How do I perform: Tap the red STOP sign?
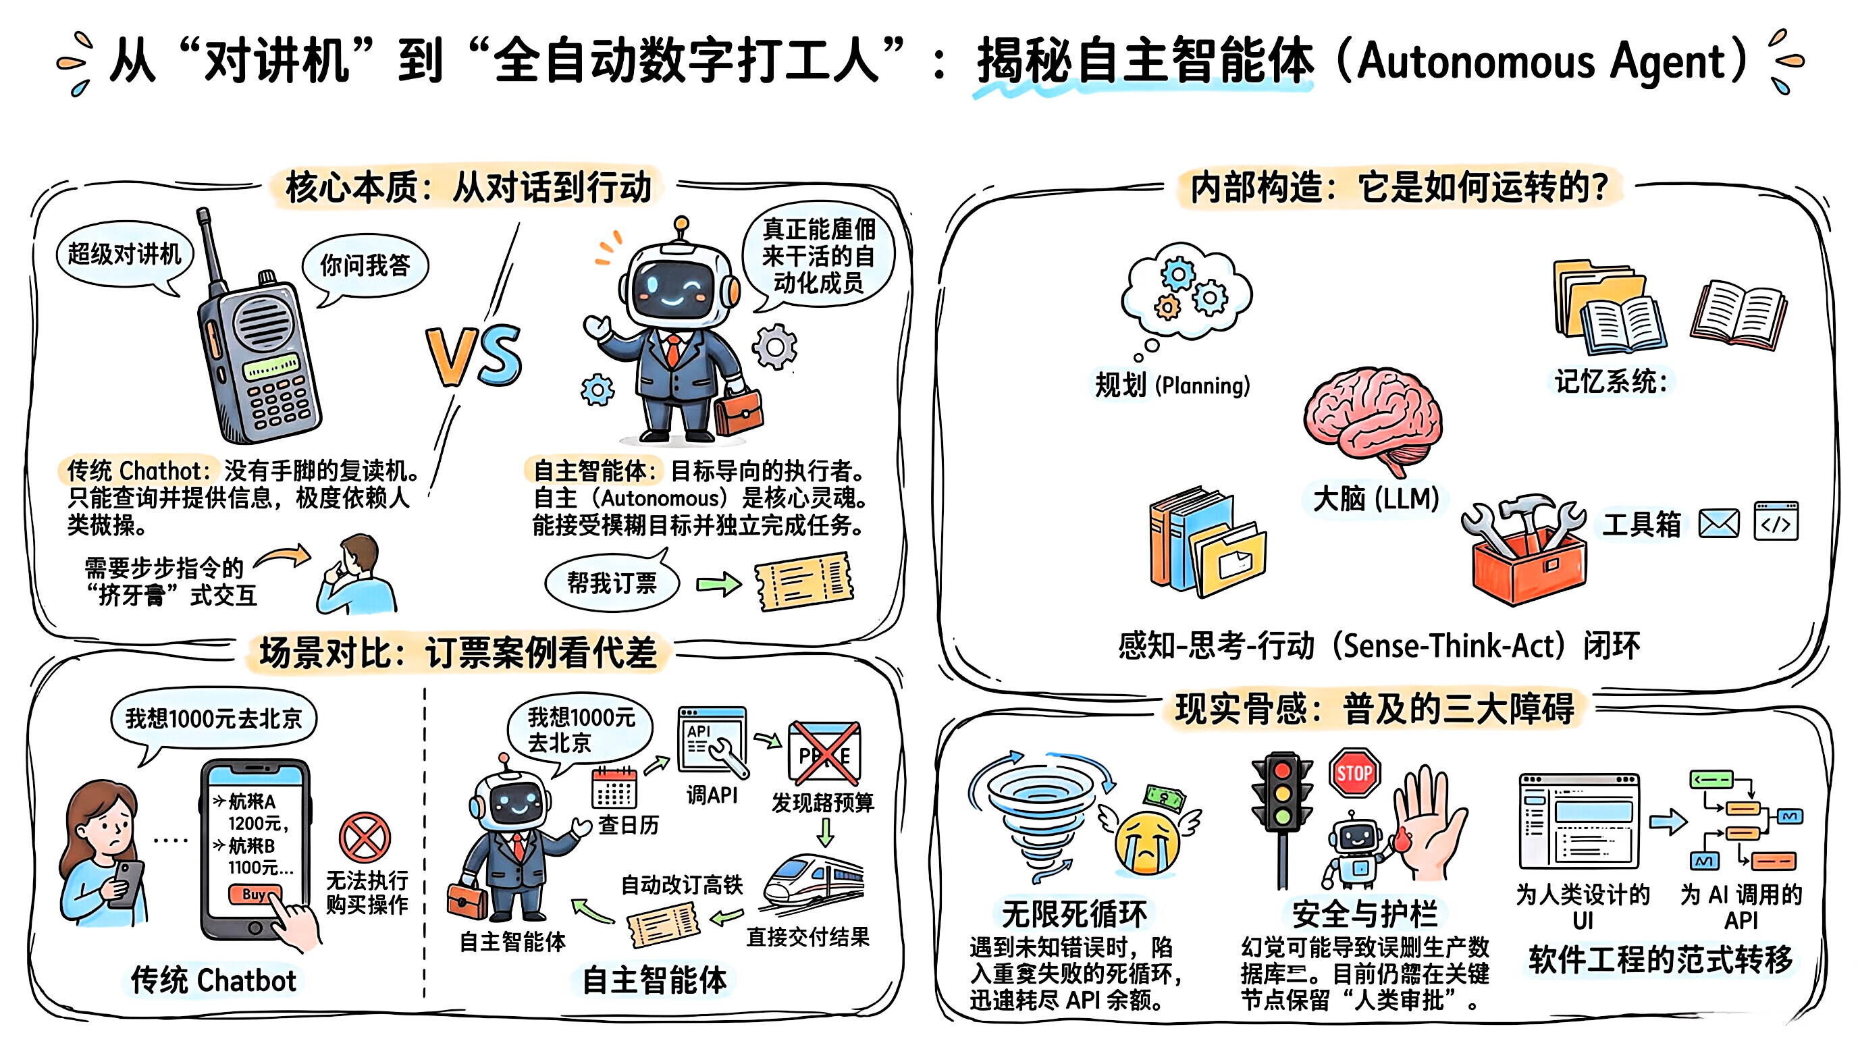tap(1354, 773)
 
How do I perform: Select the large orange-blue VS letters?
tap(474, 357)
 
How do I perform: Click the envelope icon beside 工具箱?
tap(1719, 523)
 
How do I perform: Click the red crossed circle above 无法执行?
tap(365, 838)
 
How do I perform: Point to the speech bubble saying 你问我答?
tap(365, 265)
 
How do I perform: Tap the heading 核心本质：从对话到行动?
tap(468, 188)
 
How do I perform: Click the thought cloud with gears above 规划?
tap(1186, 290)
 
